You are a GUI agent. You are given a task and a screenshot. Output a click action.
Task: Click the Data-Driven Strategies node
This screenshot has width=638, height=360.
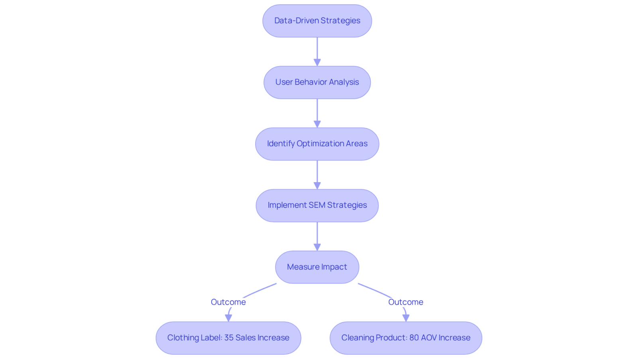[x=317, y=21]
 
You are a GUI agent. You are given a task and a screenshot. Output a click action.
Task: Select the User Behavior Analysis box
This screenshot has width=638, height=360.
[x=317, y=82]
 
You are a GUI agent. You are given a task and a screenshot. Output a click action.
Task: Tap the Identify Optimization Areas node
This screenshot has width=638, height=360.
[x=317, y=144]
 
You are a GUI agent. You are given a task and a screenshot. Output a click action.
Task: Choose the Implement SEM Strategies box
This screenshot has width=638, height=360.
[x=317, y=205]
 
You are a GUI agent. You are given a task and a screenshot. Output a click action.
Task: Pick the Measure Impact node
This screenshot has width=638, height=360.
[x=317, y=267]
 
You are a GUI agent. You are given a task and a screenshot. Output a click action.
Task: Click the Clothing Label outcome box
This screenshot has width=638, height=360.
[x=228, y=338]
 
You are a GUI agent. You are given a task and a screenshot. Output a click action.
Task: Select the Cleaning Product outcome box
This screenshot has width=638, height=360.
[x=406, y=338]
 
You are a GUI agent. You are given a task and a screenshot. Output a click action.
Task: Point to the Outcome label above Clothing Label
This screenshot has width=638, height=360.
[x=228, y=302]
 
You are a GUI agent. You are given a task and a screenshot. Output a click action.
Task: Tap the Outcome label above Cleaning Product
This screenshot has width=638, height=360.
[x=406, y=302]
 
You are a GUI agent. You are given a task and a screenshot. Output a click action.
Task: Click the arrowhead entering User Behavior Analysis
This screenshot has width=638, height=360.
[x=317, y=62]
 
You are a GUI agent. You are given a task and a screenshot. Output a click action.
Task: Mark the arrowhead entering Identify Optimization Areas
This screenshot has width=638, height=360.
[x=317, y=124]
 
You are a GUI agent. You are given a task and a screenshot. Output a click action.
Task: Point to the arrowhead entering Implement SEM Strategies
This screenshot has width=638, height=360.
[x=317, y=185]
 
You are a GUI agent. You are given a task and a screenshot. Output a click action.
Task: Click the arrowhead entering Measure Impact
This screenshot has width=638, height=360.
[x=317, y=247]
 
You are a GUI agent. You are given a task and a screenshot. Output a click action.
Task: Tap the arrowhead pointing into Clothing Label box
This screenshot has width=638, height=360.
[x=228, y=318]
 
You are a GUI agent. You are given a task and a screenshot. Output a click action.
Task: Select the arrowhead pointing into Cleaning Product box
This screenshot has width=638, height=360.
[x=406, y=318]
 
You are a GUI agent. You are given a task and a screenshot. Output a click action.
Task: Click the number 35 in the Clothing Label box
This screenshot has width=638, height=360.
[x=229, y=338]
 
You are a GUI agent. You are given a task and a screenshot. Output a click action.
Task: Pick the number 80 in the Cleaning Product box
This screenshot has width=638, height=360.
[x=414, y=338]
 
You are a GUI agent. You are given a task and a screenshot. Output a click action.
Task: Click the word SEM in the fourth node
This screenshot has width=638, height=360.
[x=317, y=205]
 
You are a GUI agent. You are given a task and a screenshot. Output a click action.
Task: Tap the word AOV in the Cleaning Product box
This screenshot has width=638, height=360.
[x=429, y=338]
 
